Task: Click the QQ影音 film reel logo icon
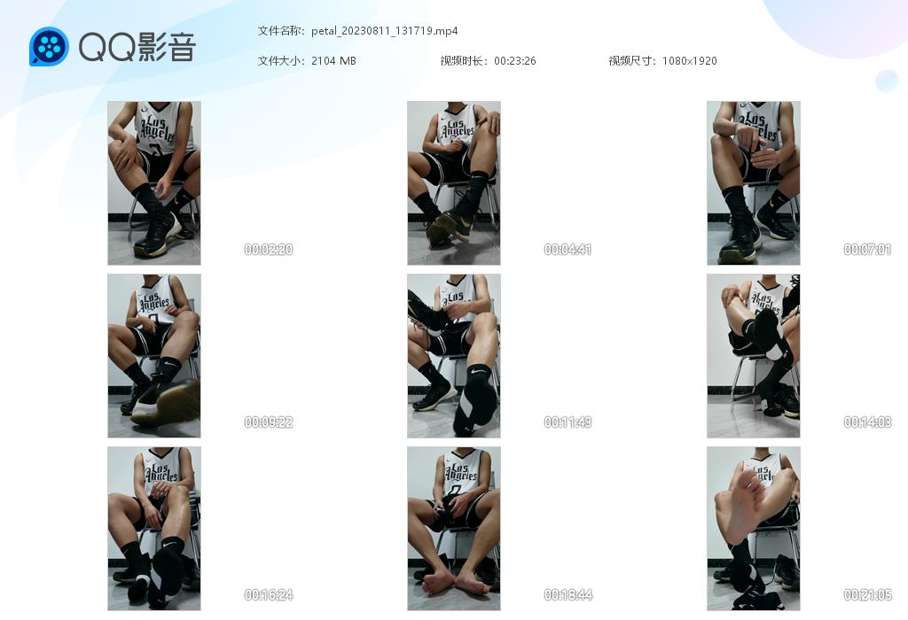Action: point(49,46)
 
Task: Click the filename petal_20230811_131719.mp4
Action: point(385,31)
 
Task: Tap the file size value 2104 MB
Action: point(333,61)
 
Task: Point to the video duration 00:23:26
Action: point(515,61)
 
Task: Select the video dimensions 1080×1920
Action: point(689,61)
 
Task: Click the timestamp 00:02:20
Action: point(268,249)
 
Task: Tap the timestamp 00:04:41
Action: point(567,249)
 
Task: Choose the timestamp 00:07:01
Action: point(867,249)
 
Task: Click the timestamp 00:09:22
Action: point(268,422)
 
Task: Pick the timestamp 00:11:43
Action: point(567,422)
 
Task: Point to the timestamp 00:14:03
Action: point(867,422)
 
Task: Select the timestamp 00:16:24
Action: point(268,594)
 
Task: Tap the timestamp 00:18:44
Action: point(567,594)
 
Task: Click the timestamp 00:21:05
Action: point(867,594)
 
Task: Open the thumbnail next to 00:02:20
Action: point(154,183)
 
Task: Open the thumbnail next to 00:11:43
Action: point(453,356)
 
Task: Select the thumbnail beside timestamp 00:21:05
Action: point(754,529)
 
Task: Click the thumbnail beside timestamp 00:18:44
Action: point(453,529)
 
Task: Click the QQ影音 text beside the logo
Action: point(137,47)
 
